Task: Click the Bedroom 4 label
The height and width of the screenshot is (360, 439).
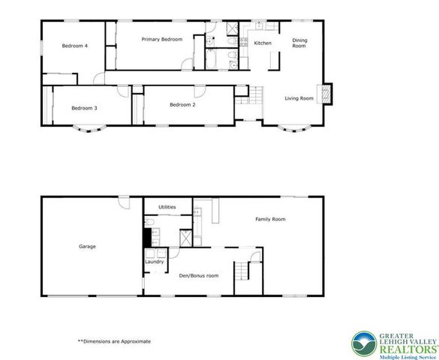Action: point(75,46)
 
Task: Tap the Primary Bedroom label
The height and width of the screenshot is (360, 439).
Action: point(162,39)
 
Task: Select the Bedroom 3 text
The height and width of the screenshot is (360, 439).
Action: point(85,108)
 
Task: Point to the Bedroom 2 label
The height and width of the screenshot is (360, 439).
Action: point(182,104)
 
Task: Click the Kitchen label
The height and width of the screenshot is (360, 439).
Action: point(263,43)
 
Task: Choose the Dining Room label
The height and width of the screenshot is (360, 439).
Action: point(299,43)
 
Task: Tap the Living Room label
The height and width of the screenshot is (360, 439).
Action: point(298,97)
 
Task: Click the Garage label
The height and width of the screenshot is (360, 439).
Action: point(87,246)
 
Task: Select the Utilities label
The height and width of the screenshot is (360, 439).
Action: point(167,206)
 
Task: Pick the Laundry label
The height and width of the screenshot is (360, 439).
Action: point(154,262)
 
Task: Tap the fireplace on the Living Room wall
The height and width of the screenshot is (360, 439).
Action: point(326,93)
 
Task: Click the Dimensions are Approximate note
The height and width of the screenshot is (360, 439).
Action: point(113,341)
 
